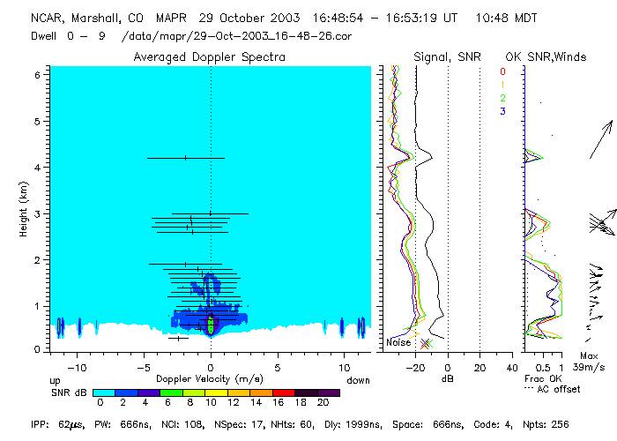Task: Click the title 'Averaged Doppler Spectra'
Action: pyautogui.click(x=210, y=57)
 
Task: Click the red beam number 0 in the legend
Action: pyautogui.click(x=502, y=71)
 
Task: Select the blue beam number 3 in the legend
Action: pyautogui.click(x=502, y=111)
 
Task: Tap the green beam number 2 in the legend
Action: pyautogui.click(x=502, y=98)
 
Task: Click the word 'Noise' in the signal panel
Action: pyautogui.click(x=398, y=342)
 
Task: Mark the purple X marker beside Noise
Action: pyautogui.click(x=425, y=343)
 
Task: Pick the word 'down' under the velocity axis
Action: pyautogui.click(x=359, y=379)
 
